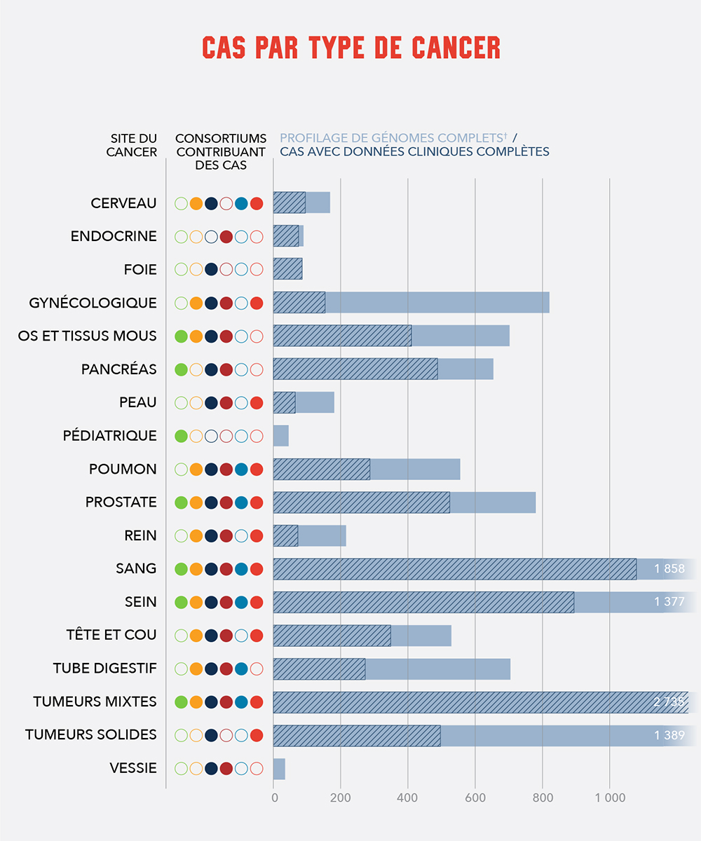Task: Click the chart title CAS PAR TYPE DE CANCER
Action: (x=350, y=47)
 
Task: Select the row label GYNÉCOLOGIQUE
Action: (x=93, y=303)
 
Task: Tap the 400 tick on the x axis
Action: (x=407, y=798)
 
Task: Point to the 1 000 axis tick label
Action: (x=609, y=798)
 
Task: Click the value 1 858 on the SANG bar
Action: (x=669, y=569)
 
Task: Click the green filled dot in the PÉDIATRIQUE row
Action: (x=181, y=436)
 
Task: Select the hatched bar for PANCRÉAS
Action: (x=355, y=369)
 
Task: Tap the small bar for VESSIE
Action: (x=279, y=769)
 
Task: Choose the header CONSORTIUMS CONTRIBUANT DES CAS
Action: (x=220, y=151)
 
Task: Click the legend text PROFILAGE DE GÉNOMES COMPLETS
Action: (x=393, y=138)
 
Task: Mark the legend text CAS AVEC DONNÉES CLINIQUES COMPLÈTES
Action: (x=414, y=152)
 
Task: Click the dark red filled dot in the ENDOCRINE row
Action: (x=226, y=236)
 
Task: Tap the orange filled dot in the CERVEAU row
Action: (x=196, y=204)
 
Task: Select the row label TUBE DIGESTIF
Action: (x=104, y=669)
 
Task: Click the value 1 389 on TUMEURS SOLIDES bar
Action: (x=669, y=735)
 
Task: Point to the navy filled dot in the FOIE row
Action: (x=211, y=269)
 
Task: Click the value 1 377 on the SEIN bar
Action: (x=669, y=602)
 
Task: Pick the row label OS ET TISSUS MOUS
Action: (x=87, y=336)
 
